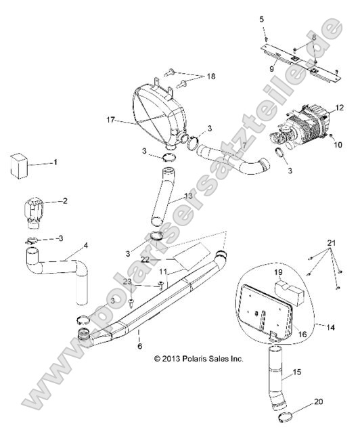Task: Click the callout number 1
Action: pyautogui.click(x=55, y=163)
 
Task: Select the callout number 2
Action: pyautogui.click(x=65, y=201)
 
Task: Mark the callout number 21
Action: pyautogui.click(x=331, y=242)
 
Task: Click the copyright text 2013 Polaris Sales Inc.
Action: pyautogui.click(x=198, y=358)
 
